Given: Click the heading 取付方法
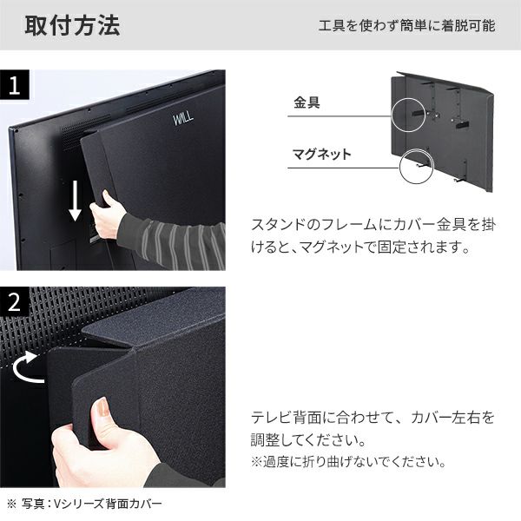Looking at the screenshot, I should point(71,25).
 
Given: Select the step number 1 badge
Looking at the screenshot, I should point(16,86).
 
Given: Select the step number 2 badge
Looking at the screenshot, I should point(16,303).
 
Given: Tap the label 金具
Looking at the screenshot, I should point(307,102).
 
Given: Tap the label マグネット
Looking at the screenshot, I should point(322,155).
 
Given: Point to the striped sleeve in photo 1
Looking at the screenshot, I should point(174,236).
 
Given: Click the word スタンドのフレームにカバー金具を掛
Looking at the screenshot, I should point(373,225).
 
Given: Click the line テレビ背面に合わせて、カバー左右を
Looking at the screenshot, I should point(373,418).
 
